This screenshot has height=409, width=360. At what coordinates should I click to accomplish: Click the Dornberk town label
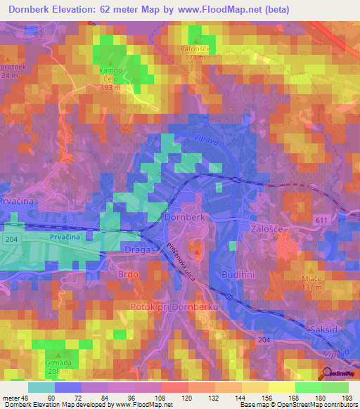pos(185,218)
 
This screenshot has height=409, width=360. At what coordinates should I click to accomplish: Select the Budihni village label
pos(238,273)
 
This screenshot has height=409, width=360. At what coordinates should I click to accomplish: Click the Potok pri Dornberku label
pos(176,308)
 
